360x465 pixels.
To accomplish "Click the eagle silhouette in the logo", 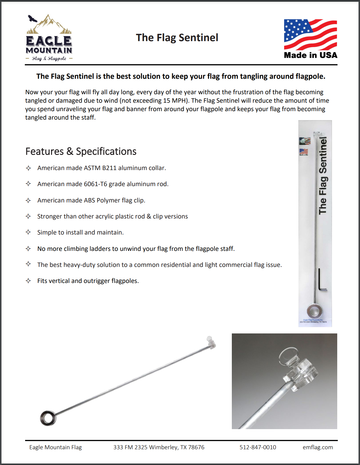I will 32,19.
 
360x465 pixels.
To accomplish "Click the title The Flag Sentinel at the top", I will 177,38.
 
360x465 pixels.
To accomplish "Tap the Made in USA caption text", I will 310,55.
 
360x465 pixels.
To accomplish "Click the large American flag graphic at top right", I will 310,35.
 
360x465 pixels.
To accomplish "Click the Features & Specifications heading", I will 81,151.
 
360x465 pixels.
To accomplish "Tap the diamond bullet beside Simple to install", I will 28,232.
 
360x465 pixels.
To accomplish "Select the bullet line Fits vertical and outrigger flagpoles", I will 88,281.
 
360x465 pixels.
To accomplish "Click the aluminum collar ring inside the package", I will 314,311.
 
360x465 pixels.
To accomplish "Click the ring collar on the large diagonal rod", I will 48,418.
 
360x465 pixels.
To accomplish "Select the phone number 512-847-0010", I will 258,447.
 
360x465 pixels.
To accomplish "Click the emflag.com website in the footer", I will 318,447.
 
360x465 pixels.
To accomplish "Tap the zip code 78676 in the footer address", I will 196,447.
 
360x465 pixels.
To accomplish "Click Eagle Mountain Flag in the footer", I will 55,447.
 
